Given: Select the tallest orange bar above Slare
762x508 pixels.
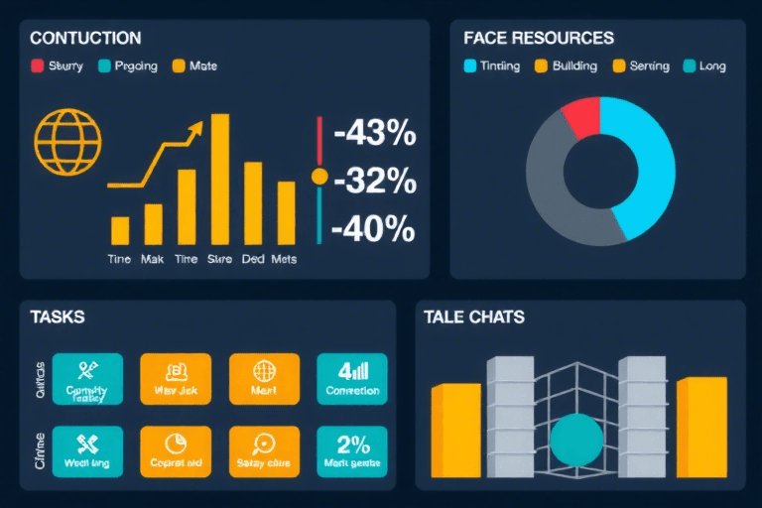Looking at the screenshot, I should point(219,179).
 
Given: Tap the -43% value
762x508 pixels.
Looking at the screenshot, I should point(374,133).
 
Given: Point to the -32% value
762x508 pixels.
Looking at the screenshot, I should point(374,181).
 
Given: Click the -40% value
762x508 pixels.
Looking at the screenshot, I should point(372,228).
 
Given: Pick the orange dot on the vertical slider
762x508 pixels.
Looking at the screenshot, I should point(319,177).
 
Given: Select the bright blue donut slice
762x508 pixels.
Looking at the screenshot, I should point(640,159).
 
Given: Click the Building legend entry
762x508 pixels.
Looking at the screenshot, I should point(567,66).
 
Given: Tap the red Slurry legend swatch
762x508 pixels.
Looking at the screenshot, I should point(38,66).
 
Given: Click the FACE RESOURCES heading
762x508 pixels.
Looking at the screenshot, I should point(539,39).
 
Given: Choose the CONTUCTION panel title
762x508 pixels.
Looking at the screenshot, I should point(85,39).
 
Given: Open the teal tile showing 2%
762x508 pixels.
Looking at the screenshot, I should point(352,452).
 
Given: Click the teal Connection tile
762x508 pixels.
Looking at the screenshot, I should point(352,379).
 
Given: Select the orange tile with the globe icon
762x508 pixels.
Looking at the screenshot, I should point(264,379).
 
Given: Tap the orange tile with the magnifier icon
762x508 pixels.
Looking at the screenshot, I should point(264,452).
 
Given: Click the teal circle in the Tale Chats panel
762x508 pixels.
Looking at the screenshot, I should point(575,442).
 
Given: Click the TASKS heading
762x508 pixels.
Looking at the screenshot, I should point(58,317).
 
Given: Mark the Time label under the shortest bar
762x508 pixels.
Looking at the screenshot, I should point(119,259).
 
